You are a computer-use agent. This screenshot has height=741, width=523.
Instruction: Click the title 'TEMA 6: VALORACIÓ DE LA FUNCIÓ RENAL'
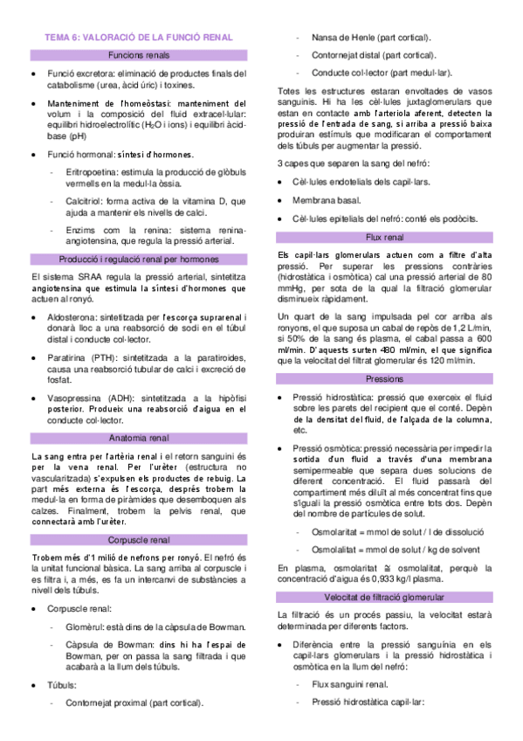click(139, 38)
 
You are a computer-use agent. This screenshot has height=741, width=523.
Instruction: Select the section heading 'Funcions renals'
click(139, 55)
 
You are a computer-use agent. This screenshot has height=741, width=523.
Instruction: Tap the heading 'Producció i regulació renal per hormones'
click(139, 260)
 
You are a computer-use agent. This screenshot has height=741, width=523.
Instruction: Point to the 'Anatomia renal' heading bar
click(139, 437)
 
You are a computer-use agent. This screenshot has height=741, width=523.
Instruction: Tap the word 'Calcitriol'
click(86, 200)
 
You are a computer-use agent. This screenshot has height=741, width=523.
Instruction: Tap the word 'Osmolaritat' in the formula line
click(338, 508)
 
